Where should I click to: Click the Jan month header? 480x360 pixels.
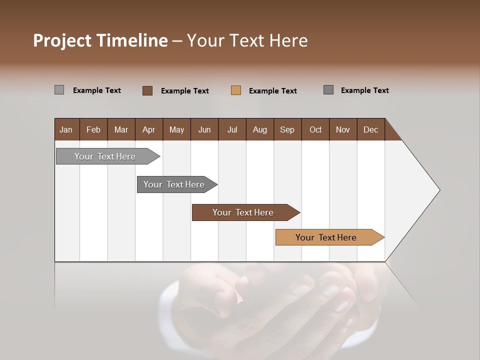(66, 129)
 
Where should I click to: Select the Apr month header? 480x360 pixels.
(149, 129)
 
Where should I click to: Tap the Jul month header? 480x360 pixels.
(232, 129)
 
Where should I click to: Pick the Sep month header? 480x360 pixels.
(287, 129)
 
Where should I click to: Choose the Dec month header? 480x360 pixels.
(370, 129)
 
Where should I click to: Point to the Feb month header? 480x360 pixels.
(93, 129)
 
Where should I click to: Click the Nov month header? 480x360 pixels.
(343, 129)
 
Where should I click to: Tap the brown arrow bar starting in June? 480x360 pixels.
(243, 212)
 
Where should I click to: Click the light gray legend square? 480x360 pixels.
(59, 90)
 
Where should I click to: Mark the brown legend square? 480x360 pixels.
(147, 90)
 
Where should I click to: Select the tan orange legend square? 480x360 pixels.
(236, 90)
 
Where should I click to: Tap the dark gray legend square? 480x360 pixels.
(328, 90)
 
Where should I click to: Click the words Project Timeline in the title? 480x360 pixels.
(100, 40)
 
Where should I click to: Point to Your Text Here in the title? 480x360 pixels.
(247, 40)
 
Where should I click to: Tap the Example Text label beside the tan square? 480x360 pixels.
(272, 90)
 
